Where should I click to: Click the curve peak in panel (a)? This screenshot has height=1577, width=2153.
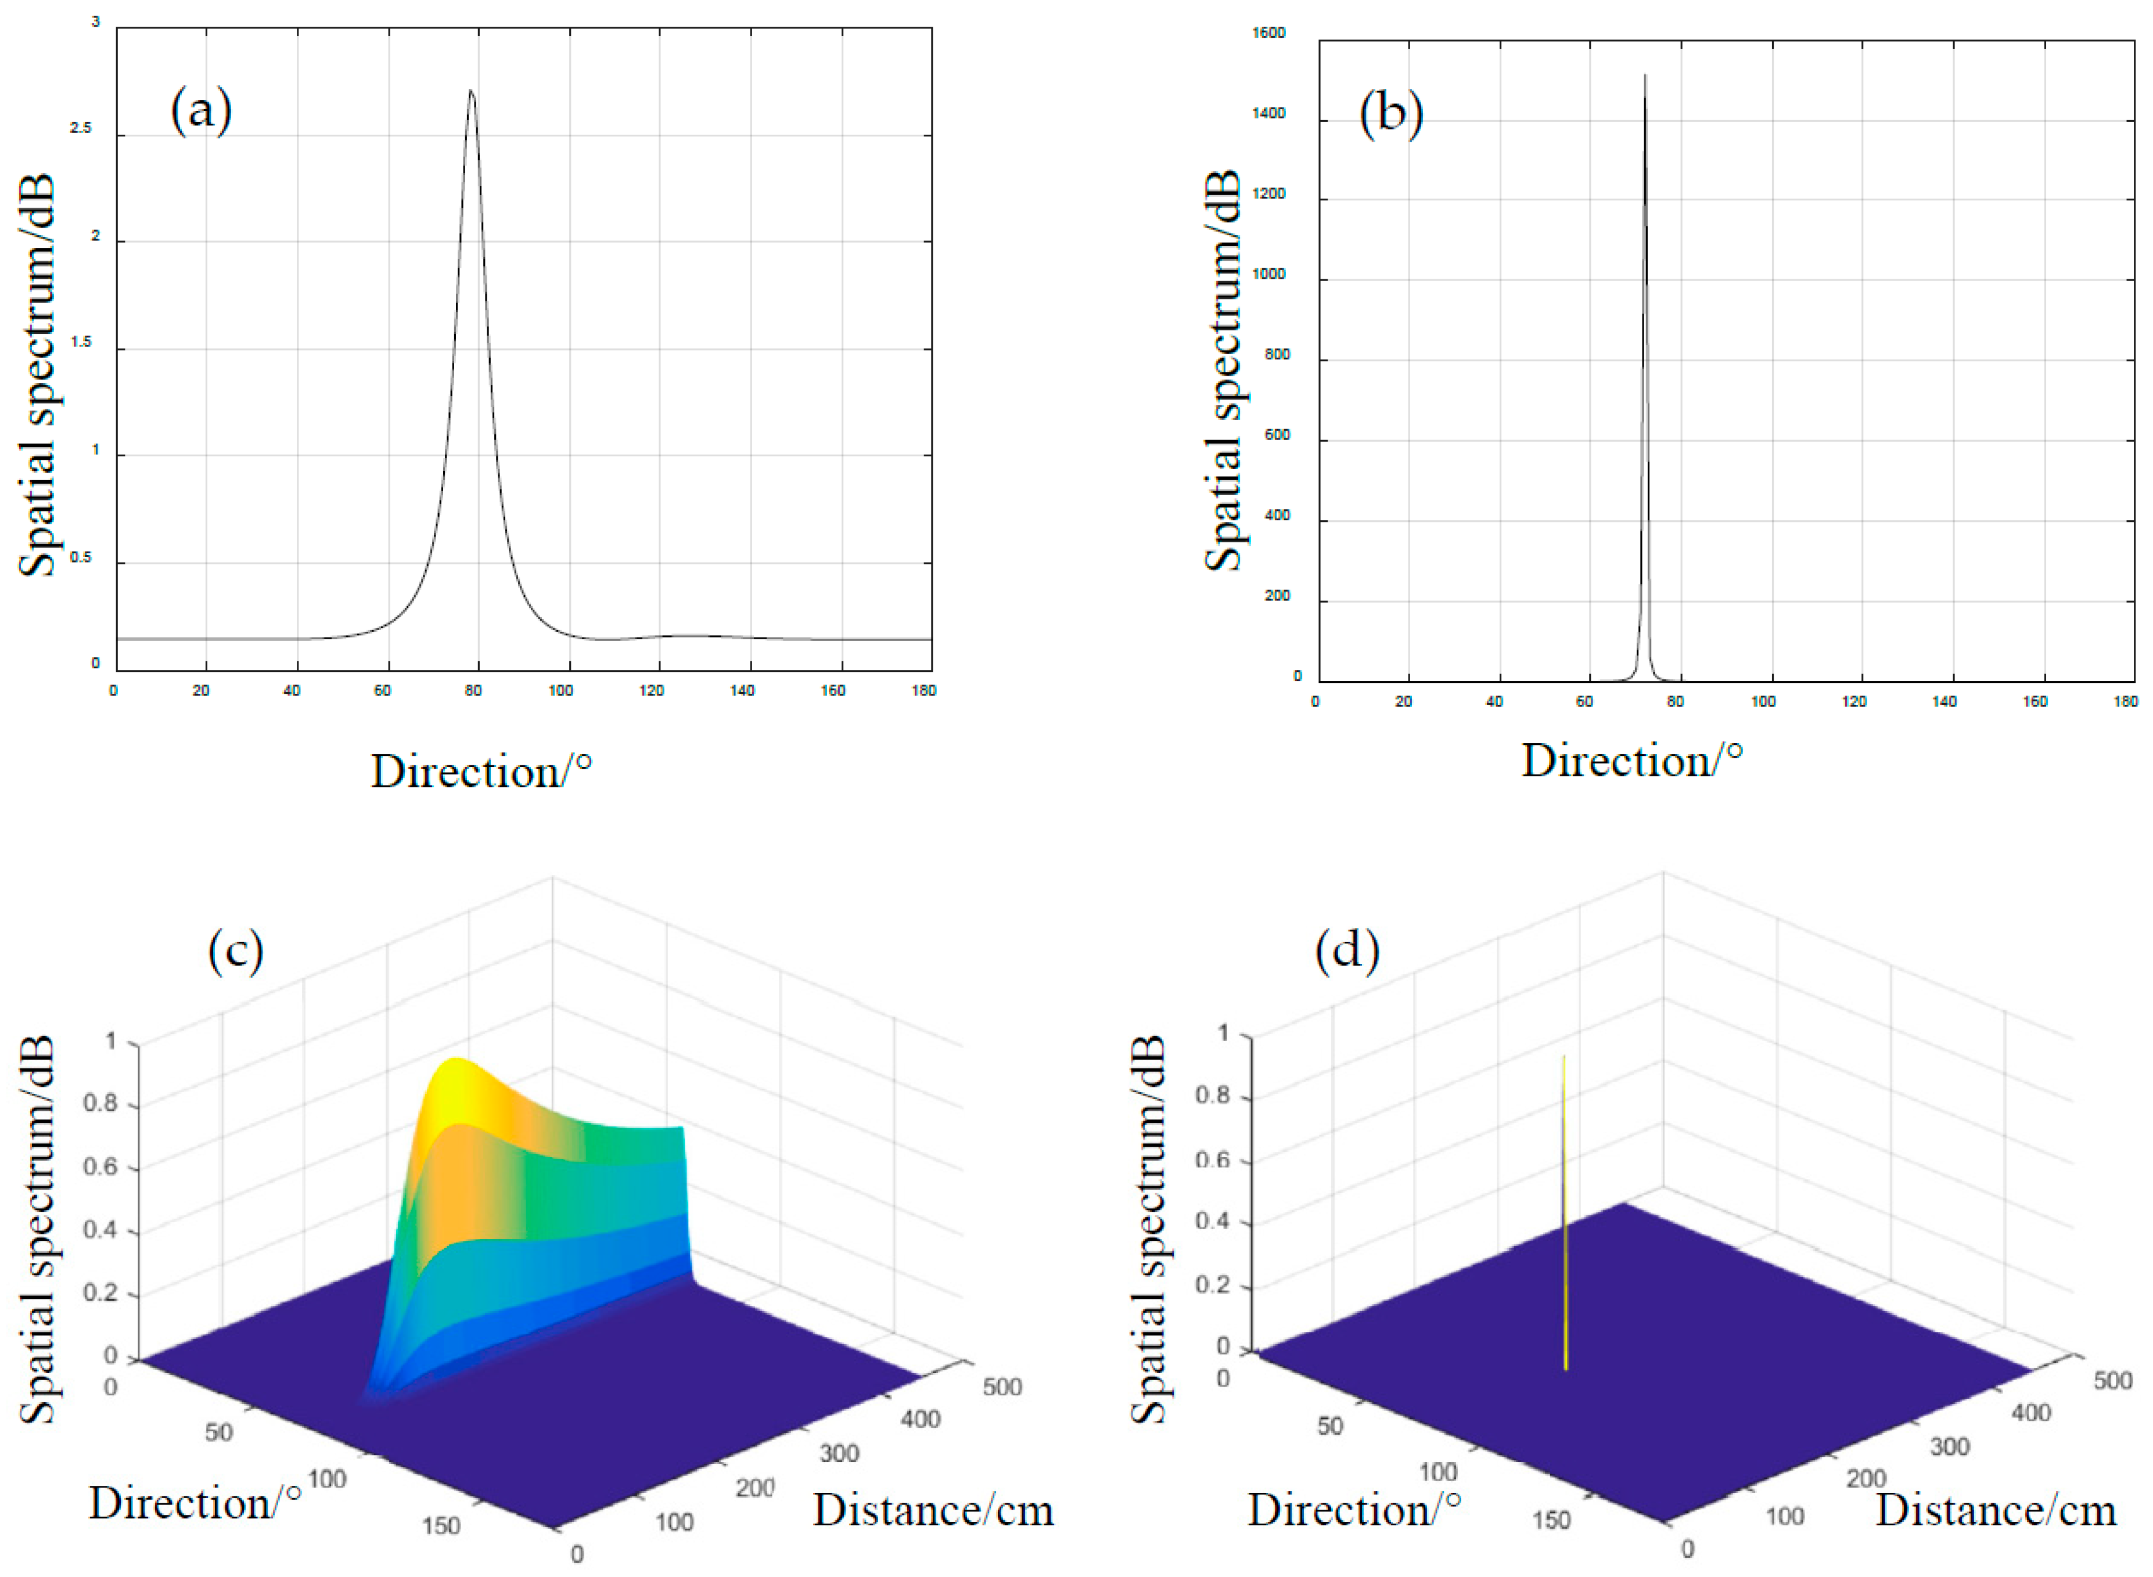pyautogui.click(x=470, y=92)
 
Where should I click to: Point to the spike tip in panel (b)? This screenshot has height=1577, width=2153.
pyautogui.click(x=1644, y=77)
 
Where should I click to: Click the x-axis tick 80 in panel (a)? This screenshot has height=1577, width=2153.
pyautogui.click(x=473, y=690)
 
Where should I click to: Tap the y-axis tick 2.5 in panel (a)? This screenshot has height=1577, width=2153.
pyautogui.click(x=81, y=128)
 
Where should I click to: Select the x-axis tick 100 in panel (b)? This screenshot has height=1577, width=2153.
pyautogui.click(x=1763, y=701)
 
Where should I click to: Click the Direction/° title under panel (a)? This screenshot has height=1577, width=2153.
pyautogui.click(x=481, y=771)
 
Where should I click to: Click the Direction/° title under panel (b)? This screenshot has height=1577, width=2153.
pyautogui.click(x=1631, y=761)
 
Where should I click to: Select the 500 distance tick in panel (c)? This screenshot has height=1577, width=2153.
pyautogui.click(x=1001, y=1387)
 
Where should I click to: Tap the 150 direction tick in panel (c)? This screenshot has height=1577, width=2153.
pyautogui.click(x=440, y=1525)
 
